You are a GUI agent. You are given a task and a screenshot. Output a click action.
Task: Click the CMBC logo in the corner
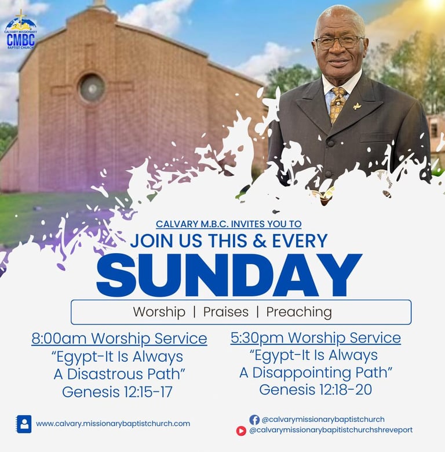21,30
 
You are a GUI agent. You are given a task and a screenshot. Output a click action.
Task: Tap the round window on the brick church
92,88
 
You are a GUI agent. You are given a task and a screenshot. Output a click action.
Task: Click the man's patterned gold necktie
337,104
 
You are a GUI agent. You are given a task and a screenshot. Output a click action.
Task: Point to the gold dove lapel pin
358,107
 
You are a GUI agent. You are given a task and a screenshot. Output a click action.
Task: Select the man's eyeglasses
339,42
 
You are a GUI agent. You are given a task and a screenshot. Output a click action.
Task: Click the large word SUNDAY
229,275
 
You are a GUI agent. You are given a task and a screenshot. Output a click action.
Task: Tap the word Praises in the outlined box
225,312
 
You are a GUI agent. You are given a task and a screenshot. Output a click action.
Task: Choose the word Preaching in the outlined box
299,312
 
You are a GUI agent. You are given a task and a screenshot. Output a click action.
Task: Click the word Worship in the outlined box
159,312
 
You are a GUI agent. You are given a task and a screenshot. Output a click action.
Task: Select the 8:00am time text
59,338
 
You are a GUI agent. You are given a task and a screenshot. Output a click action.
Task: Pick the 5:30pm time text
257,338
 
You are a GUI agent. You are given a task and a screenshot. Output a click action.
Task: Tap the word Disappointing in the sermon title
302,373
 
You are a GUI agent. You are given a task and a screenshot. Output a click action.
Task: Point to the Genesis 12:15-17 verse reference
117,392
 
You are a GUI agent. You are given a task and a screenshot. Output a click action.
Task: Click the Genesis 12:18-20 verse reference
316,389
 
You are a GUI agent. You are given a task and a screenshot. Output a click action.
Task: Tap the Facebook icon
254,420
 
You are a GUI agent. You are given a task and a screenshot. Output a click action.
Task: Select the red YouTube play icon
241,431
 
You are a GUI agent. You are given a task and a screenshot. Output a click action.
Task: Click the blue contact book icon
24,424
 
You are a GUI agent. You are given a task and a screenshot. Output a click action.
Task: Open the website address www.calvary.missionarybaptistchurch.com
113,424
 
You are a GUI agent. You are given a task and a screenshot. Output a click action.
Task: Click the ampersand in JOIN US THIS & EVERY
260,240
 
